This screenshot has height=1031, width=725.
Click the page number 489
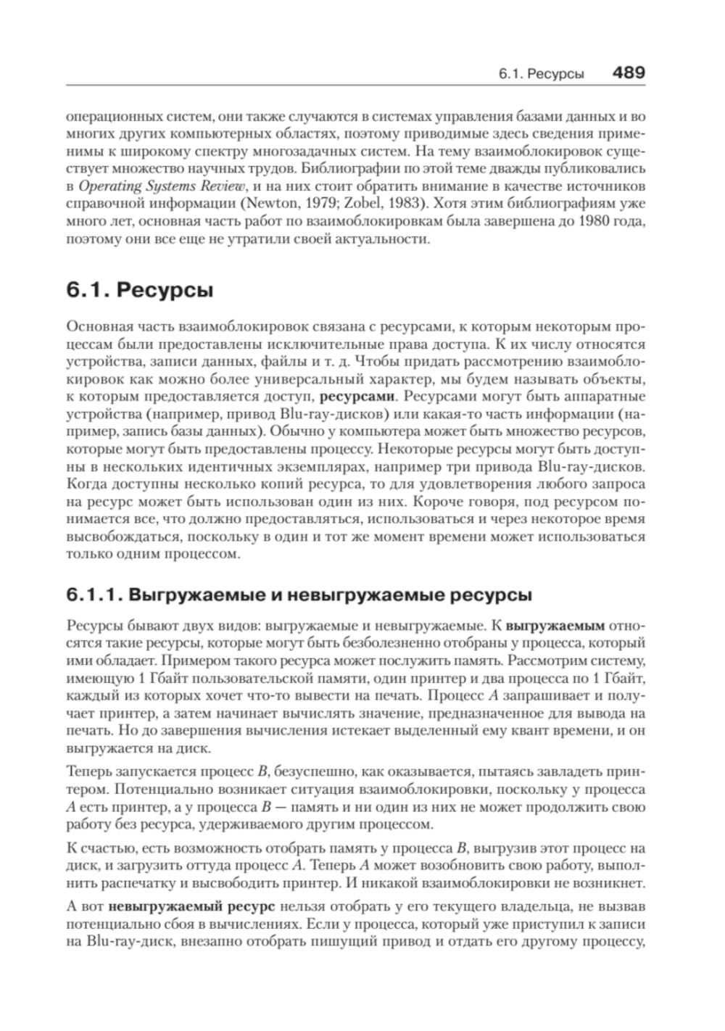[628, 73]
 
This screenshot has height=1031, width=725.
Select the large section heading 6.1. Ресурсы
[140, 291]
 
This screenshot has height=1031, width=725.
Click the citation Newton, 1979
[286, 202]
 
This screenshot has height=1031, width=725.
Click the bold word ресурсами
[357, 396]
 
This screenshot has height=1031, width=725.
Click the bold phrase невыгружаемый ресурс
[191, 906]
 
